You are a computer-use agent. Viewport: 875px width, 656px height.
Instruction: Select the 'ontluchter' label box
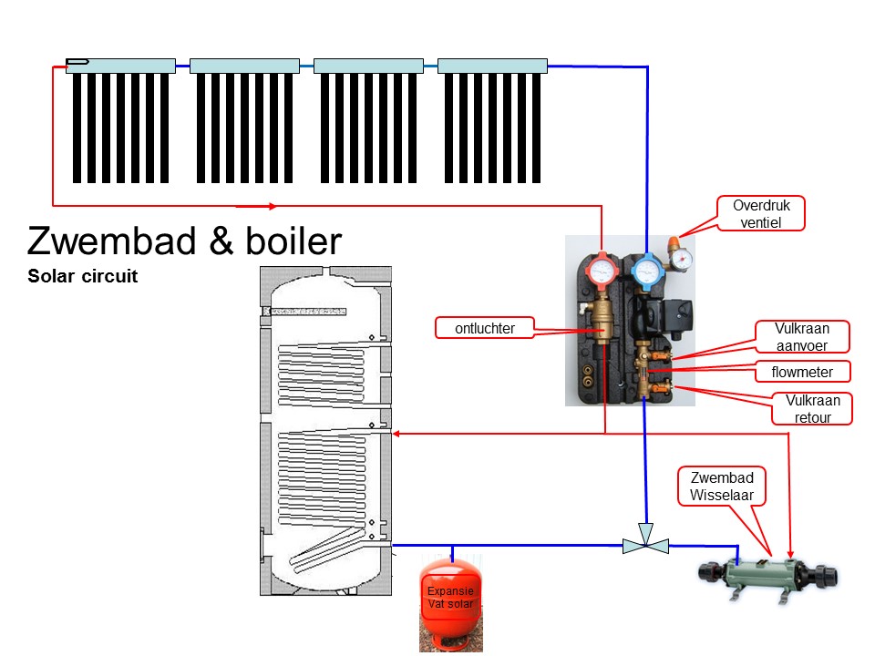coord(483,328)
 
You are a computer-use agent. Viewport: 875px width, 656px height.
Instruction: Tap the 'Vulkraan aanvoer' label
coord(801,336)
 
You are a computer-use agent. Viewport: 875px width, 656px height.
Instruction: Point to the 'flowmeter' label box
coord(801,371)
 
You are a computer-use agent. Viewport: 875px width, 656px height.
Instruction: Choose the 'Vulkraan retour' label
coord(812,408)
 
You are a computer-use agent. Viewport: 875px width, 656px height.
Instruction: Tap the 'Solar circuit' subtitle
coord(82,276)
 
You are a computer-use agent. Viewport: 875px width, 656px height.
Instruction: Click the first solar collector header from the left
coord(120,66)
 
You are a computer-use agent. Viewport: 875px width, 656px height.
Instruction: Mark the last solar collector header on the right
coord(492,66)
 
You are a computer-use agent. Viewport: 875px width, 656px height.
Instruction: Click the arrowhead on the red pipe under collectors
coord(272,205)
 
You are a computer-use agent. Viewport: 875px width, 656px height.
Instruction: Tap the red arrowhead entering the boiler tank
coord(398,435)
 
